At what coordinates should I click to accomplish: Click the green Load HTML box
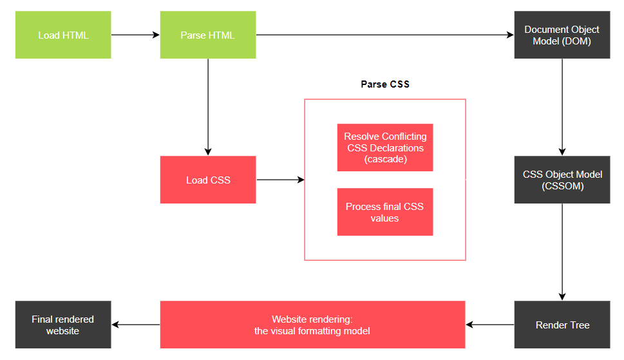pos(63,35)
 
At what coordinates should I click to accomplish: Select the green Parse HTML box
pos(207,35)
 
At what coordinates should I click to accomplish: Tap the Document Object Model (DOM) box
pos(562,35)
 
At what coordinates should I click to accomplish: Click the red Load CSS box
pos(207,180)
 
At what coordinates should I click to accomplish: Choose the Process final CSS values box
pos(384,212)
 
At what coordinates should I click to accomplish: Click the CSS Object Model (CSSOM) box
pos(562,180)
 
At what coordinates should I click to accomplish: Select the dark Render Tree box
pos(562,325)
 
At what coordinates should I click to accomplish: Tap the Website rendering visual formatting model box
pos(312,325)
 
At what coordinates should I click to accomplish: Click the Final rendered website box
pos(63,325)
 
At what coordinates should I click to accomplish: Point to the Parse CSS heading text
pos(384,84)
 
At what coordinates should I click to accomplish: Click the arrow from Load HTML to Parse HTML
pos(135,35)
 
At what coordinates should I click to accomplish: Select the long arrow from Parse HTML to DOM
pos(384,35)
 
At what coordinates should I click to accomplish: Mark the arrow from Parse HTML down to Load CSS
pos(207,107)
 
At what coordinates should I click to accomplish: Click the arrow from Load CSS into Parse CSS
pos(280,180)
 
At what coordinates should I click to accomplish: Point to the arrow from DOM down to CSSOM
pos(562,107)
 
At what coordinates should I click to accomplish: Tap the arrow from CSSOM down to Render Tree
pos(562,252)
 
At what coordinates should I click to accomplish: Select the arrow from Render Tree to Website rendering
pos(489,325)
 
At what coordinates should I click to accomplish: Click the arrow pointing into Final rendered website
pos(135,325)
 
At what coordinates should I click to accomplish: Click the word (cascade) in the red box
pos(385,158)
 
